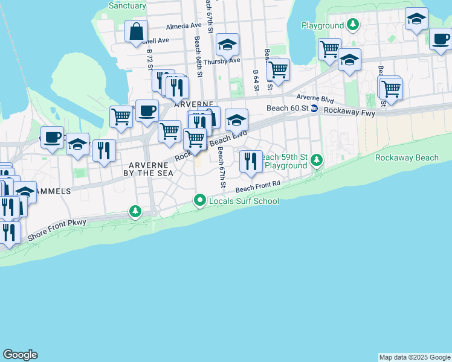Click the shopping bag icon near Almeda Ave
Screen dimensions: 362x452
[x=137, y=31]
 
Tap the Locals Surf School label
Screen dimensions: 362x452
[x=244, y=201]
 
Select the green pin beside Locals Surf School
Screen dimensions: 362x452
[x=201, y=200]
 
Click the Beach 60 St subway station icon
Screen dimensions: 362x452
[x=314, y=109]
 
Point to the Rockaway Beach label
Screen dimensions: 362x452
[x=406, y=158]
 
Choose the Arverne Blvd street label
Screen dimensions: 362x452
[x=315, y=98]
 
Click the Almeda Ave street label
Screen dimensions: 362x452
[x=184, y=26]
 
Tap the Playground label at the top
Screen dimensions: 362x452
[x=323, y=26]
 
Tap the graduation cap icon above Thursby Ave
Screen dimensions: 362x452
[x=227, y=44]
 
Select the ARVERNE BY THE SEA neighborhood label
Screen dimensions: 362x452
[x=151, y=168]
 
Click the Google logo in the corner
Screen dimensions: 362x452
[x=20, y=355]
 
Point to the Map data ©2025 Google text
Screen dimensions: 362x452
[x=415, y=357]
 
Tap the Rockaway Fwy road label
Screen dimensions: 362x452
[x=350, y=111]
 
